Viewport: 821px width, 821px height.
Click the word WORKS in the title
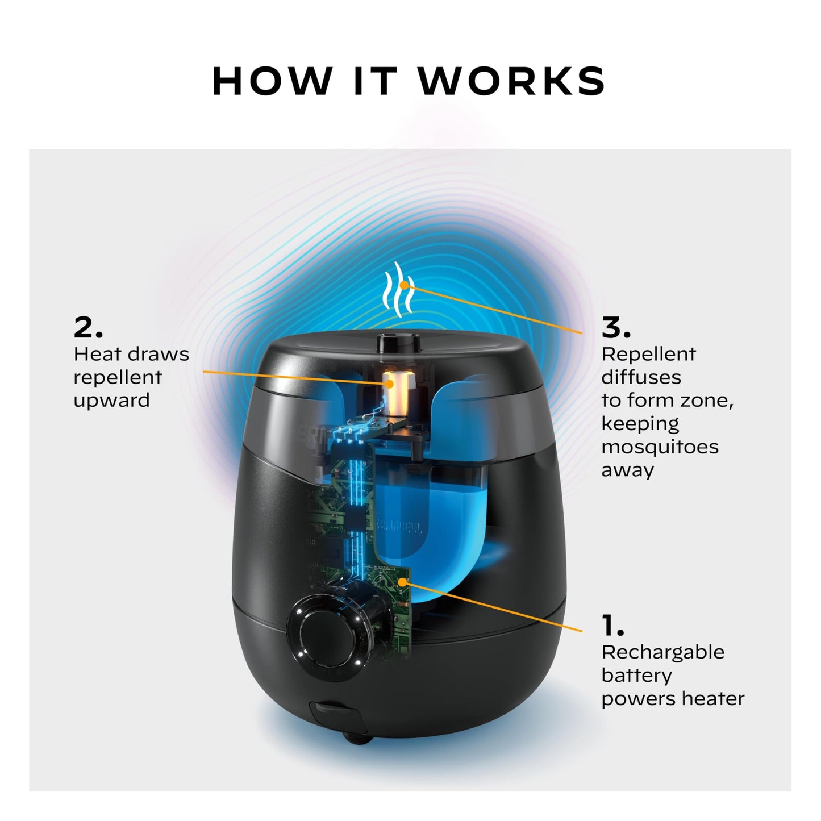click(512, 81)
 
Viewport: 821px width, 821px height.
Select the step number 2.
click(88, 328)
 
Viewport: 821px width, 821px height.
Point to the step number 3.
click(616, 328)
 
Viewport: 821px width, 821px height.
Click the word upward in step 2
click(111, 401)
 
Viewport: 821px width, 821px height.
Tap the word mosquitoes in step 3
click(660, 447)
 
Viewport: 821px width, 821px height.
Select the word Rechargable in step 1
click(662, 652)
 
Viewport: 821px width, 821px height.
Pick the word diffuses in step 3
click(641, 377)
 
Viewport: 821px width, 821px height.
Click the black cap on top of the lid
click(398, 343)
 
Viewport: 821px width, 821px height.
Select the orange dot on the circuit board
click(403, 581)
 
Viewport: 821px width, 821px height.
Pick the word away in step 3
click(627, 470)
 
